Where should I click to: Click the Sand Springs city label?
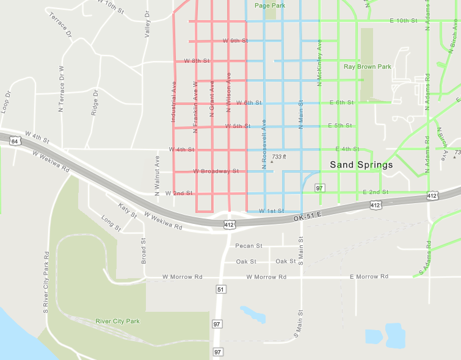pyautogui.click(x=361, y=165)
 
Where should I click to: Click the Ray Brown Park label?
pyautogui.click(x=367, y=67)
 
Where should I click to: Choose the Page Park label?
pyautogui.click(x=270, y=5)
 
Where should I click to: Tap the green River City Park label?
pyautogui.click(x=118, y=321)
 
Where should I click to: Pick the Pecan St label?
pyautogui.click(x=249, y=246)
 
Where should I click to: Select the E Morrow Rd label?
pyautogui.click(x=369, y=276)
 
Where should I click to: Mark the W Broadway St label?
pyautogui.click(x=216, y=171)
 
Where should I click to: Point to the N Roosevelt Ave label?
pyautogui.click(x=264, y=144)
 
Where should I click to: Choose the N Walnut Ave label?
pyautogui.click(x=157, y=175)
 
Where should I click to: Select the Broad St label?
pyautogui.click(x=144, y=250)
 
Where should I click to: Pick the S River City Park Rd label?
pyautogui.click(x=46, y=282)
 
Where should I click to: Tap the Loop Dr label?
pyautogui.click(x=7, y=103)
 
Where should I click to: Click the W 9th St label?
pyautogui.click(x=235, y=41)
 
